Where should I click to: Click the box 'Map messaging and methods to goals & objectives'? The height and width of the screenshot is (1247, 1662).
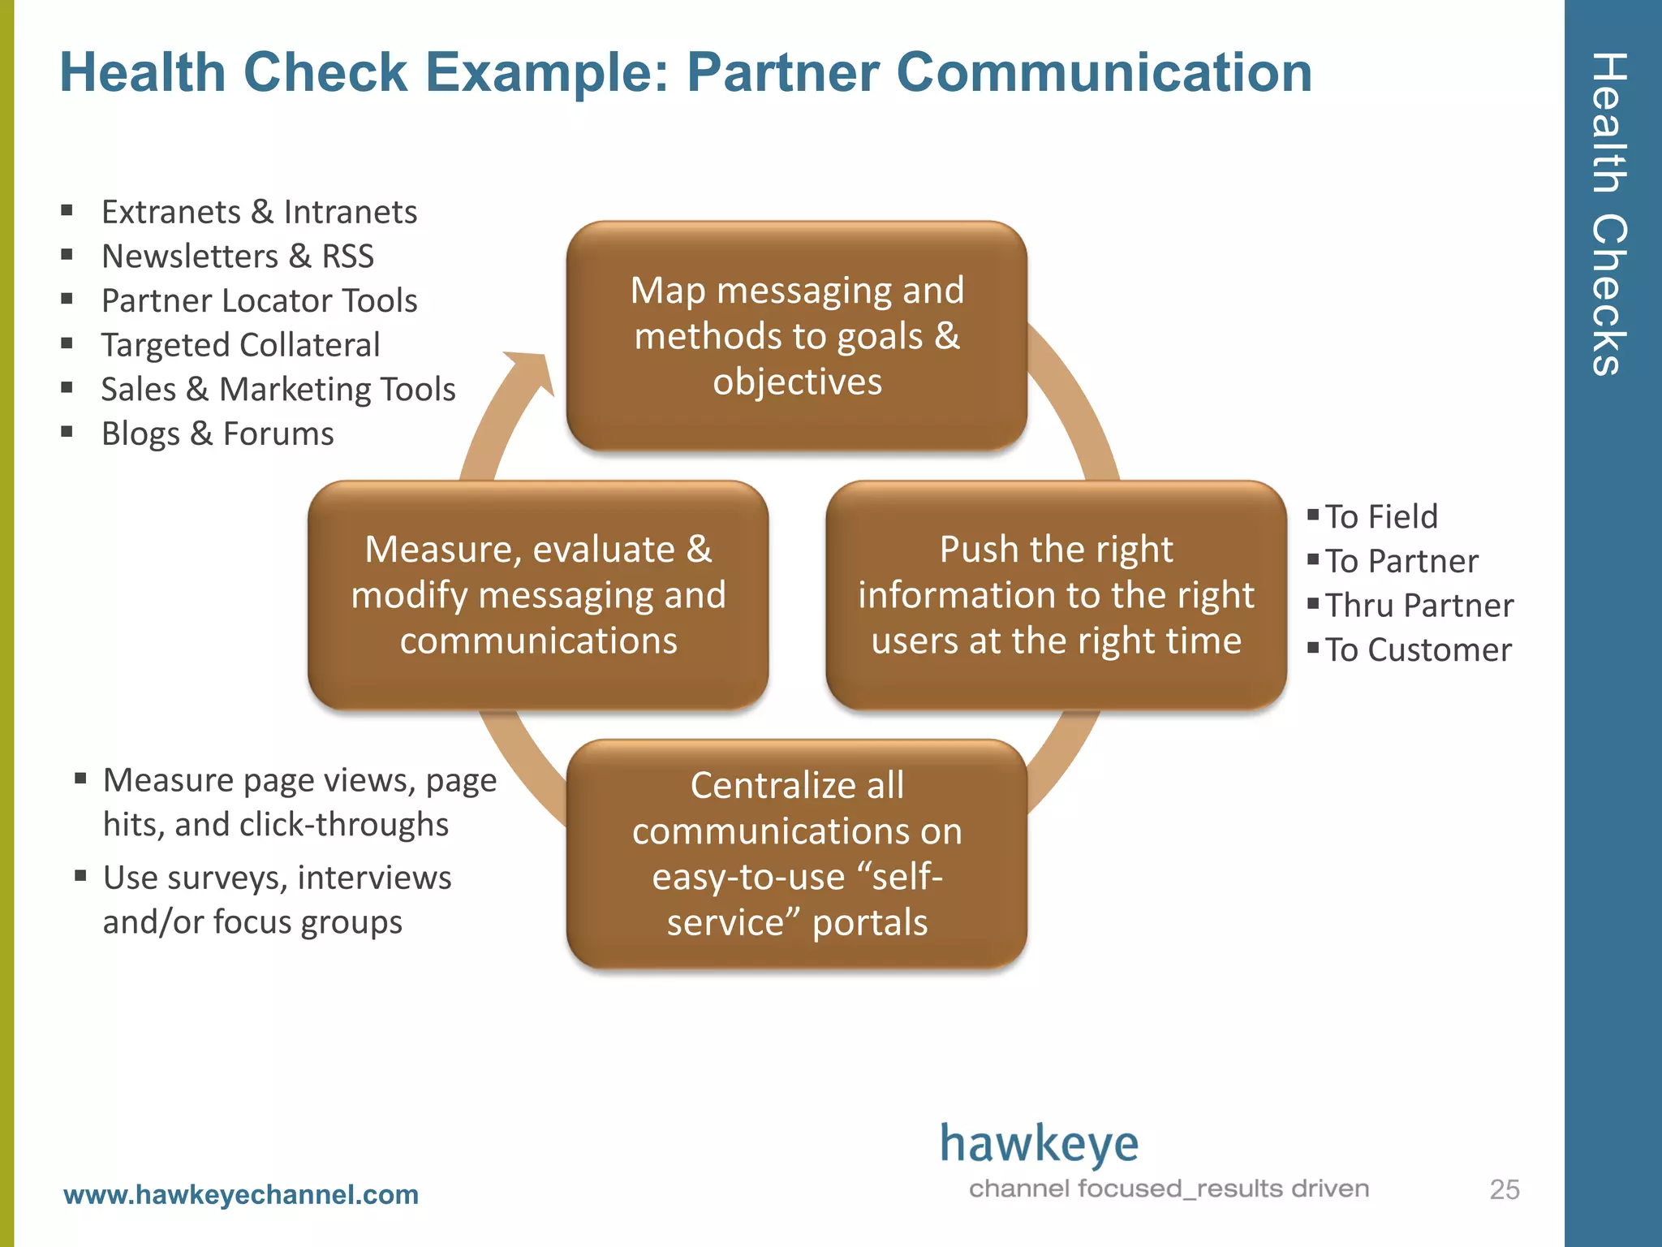click(x=797, y=336)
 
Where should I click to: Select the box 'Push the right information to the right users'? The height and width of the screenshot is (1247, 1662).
click(x=1056, y=595)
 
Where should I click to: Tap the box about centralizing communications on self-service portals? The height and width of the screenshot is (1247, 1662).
click(x=797, y=853)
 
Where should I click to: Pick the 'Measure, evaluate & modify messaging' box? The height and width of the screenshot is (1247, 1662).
click(x=538, y=595)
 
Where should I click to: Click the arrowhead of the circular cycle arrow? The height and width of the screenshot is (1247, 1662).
click(x=532, y=370)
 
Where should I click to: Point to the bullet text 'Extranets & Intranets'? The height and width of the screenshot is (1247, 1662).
click(x=259, y=212)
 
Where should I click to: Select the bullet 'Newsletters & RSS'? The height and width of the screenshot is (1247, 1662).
click(x=238, y=257)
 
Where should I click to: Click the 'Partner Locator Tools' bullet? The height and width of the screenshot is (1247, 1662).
click(x=259, y=300)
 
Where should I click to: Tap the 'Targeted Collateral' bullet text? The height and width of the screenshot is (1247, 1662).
click(x=240, y=345)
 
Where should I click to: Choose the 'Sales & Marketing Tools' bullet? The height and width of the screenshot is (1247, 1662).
click(x=278, y=389)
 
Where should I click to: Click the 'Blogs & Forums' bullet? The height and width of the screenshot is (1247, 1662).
click(x=217, y=434)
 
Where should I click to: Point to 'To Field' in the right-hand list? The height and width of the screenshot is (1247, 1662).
click(x=1381, y=516)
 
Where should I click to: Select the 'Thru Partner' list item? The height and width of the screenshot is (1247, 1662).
click(x=1419, y=606)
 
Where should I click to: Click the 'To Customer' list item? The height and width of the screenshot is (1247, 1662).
click(x=1419, y=649)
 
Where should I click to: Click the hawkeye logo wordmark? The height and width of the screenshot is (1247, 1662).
click(x=1039, y=1145)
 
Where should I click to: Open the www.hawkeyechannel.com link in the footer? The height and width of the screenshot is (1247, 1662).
click(x=241, y=1194)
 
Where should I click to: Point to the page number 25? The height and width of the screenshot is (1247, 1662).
click(x=1504, y=1189)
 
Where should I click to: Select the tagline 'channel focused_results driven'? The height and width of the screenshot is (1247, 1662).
click(x=1169, y=1189)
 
